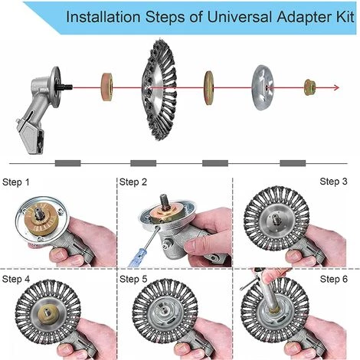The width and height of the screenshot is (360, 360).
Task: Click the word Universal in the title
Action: click(240, 17)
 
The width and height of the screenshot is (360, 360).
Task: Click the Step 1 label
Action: click(16, 182)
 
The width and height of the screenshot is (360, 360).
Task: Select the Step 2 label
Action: click(133, 182)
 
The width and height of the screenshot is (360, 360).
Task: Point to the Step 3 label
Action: click(333, 182)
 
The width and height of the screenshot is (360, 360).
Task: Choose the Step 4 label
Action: click(16, 279)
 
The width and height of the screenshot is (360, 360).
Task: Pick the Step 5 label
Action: click(133, 279)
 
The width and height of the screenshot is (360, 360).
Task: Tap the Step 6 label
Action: click(334, 279)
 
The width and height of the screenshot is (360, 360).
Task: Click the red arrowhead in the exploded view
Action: click(337, 88)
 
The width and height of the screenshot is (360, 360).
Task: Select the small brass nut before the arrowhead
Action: click(310, 87)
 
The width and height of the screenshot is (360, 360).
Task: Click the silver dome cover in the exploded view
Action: click(263, 87)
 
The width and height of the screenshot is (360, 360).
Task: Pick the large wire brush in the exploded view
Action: click(159, 88)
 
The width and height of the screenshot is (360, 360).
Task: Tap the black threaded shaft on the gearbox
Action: click(66, 87)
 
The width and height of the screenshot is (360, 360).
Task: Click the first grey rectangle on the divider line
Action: click(68, 163)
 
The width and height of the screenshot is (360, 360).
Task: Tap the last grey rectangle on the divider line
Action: click(293, 163)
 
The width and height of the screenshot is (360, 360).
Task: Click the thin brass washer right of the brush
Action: click(208, 87)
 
